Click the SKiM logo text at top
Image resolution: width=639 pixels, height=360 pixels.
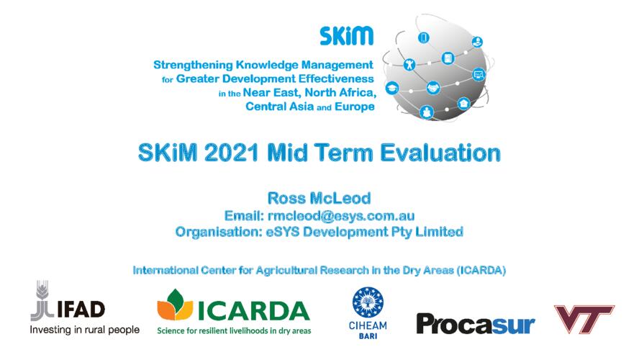[346, 36]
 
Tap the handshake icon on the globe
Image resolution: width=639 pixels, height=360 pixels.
[433, 88]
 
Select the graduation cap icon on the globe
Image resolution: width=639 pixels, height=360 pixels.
[392, 88]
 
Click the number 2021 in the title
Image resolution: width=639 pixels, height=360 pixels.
[231, 153]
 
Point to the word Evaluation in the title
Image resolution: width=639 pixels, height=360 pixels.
[440, 153]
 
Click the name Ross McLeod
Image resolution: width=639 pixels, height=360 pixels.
[319, 198]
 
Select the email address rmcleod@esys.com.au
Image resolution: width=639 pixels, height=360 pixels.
[341, 216]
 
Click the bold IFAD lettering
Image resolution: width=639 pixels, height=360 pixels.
[81, 310]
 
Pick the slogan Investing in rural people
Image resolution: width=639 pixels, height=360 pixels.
[85, 330]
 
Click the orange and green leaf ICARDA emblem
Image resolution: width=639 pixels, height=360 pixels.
[175, 305]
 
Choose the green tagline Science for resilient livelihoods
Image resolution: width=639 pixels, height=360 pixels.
[234, 330]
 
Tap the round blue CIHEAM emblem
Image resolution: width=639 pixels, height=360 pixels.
[368, 302]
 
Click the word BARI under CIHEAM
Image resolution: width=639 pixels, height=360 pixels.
[368, 336]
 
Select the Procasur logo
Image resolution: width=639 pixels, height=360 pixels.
[475, 325]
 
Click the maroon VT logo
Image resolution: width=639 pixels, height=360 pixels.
[584, 319]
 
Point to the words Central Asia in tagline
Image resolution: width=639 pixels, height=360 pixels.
[279, 107]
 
